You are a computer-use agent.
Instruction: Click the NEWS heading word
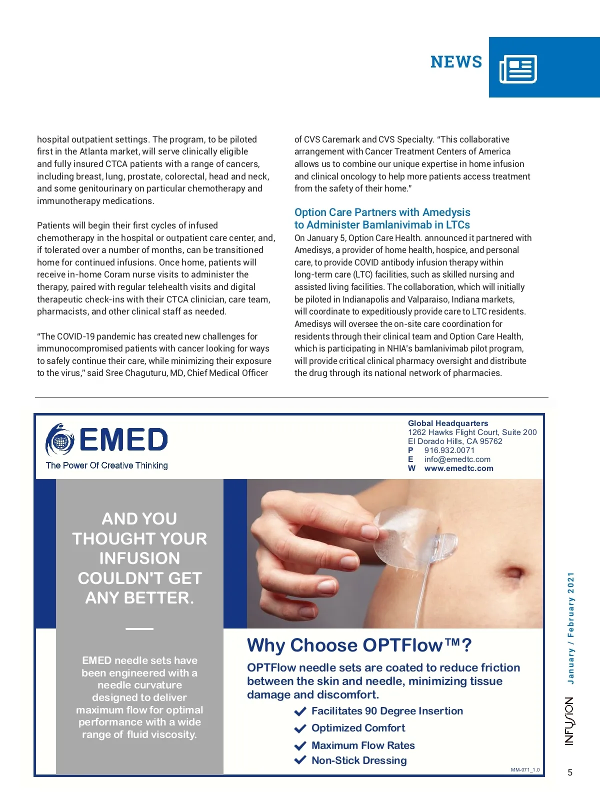click(x=456, y=62)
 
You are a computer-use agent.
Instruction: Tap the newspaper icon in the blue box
click(x=518, y=69)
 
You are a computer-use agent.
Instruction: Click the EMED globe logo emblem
click(x=60, y=440)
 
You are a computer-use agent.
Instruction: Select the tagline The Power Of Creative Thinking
click(x=106, y=465)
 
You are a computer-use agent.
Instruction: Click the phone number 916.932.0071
click(x=449, y=450)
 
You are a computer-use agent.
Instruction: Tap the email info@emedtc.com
click(x=457, y=459)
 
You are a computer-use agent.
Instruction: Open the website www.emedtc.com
click(x=458, y=468)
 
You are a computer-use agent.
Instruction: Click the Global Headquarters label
click(x=447, y=423)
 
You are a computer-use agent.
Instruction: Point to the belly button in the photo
click(x=513, y=571)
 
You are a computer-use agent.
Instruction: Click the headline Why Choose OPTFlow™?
click(x=359, y=645)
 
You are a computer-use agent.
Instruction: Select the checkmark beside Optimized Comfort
click(x=300, y=728)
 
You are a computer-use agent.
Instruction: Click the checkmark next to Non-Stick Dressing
click(x=300, y=760)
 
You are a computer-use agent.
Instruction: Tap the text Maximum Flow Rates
click(x=363, y=745)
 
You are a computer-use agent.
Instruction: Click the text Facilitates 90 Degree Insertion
click(x=387, y=711)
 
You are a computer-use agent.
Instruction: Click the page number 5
click(x=570, y=772)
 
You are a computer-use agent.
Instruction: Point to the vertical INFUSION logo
click(x=569, y=721)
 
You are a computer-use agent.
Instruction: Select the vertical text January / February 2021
click(x=570, y=628)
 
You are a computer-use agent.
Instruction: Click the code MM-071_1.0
click(x=525, y=770)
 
